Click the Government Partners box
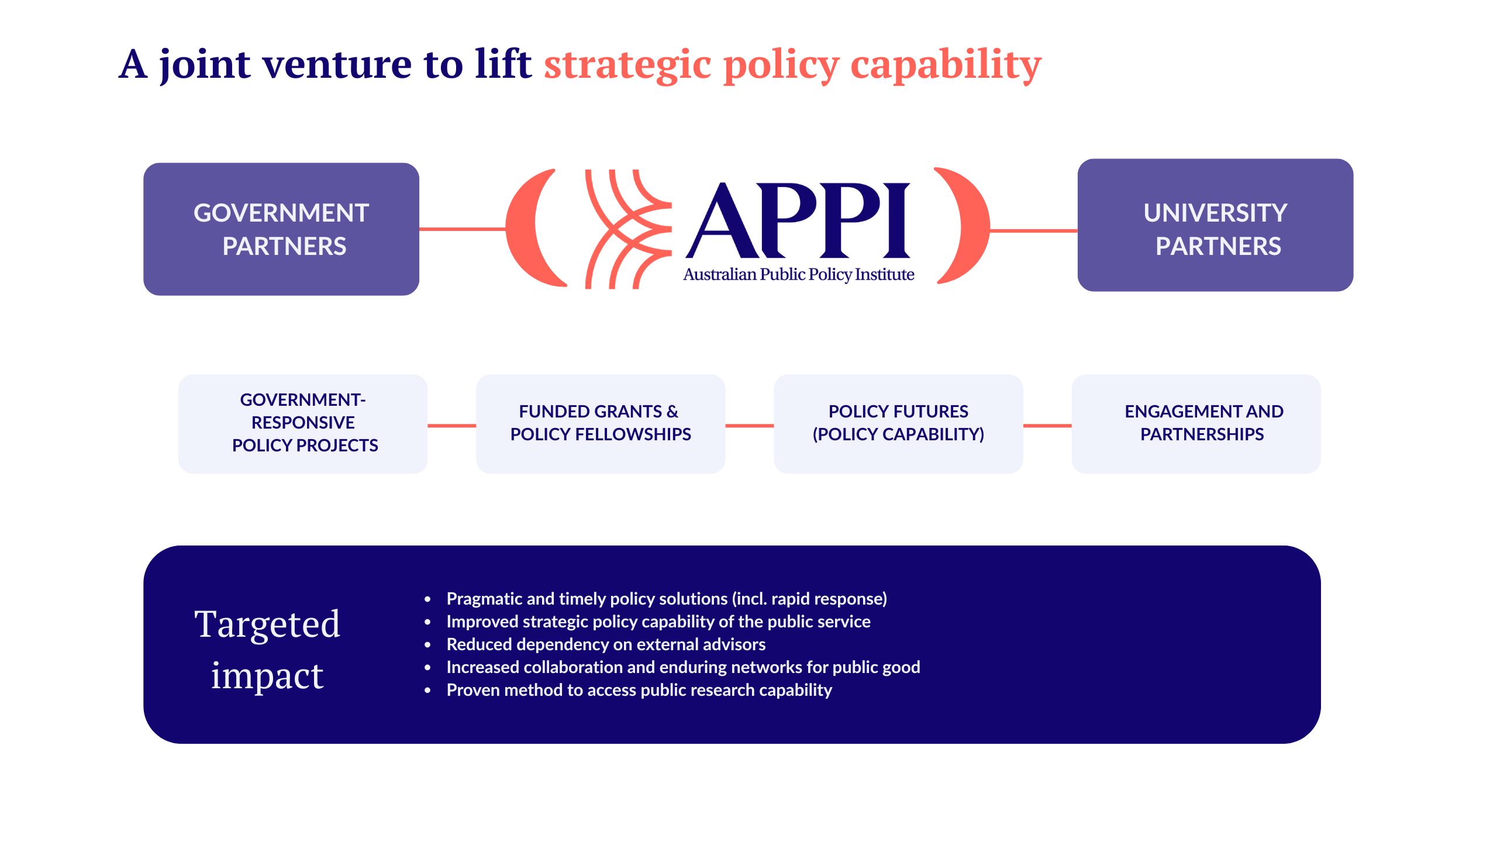(x=281, y=229)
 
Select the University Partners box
(x=1215, y=225)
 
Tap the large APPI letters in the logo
(x=798, y=221)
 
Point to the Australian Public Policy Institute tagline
(x=798, y=274)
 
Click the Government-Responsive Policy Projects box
(x=303, y=423)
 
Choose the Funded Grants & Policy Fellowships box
(x=601, y=423)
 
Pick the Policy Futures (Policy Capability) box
(x=898, y=423)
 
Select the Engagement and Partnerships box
(x=1196, y=423)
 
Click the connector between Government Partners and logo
(x=462, y=229)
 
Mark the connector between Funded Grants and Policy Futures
(x=750, y=426)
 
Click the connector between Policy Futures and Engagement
(x=1047, y=426)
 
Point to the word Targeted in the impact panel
(x=267, y=624)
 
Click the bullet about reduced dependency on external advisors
(x=606, y=644)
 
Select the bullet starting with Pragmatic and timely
(x=667, y=599)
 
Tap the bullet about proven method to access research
(x=639, y=690)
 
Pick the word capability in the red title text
(x=946, y=64)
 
